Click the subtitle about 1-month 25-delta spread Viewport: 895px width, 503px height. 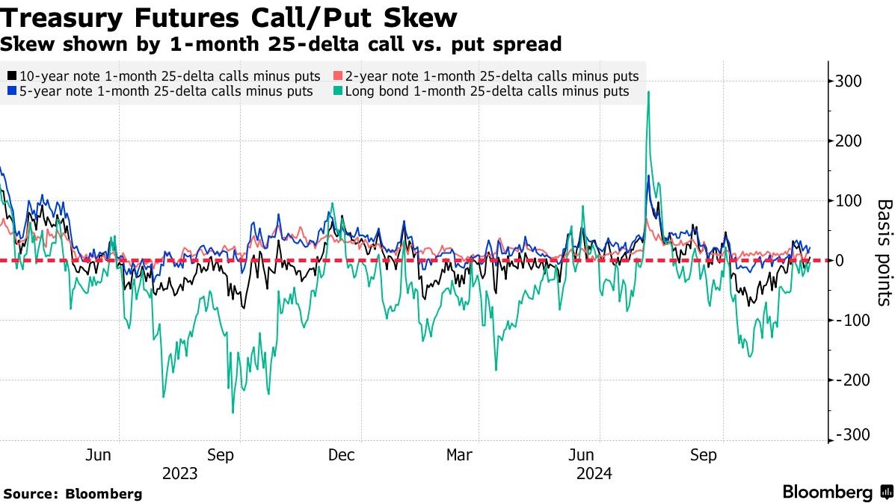pyautogui.click(x=280, y=44)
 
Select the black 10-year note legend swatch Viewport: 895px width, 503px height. pyautogui.click(x=12, y=76)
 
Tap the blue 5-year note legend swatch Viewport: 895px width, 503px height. pyautogui.click(x=12, y=91)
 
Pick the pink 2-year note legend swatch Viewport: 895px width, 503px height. pyautogui.click(x=337, y=76)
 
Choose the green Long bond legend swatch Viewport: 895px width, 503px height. pyautogui.click(x=337, y=91)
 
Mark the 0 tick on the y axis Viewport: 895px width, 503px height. pyautogui.click(x=840, y=260)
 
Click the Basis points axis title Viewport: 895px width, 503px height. pyautogui.click(x=884, y=252)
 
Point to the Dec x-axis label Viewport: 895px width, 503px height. pyautogui.click(x=342, y=454)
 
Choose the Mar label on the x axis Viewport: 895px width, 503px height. pyautogui.click(x=460, y=454)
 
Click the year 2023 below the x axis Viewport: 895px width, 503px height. pyautogui.click(x=179, y=474)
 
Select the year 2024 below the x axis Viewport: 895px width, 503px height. pyautogui.click(x=594, y=474)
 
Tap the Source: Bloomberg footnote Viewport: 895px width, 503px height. pyautogui.click(x=73, y=494)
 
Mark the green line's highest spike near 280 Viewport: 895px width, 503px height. pyautogui.click(x=648, y=92)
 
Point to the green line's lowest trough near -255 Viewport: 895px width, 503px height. pyautogui.click(x=233, y=412)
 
